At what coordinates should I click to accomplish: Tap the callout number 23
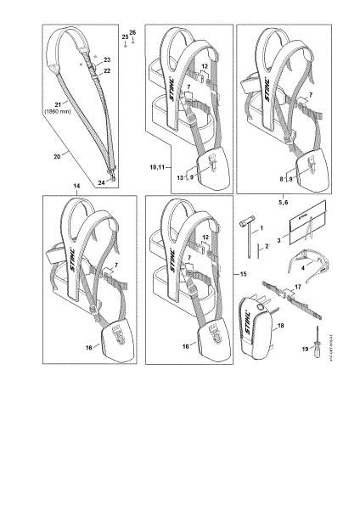click(107, 60)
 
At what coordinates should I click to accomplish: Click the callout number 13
click(181, 177)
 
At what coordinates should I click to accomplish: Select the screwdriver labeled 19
click(315, 339)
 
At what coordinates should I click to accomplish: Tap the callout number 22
click(107, 72)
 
